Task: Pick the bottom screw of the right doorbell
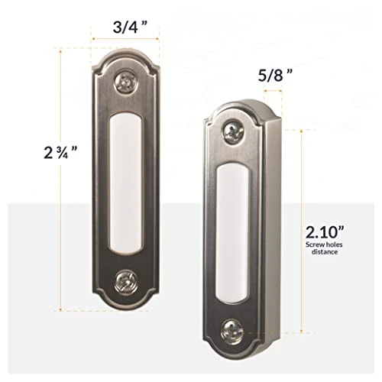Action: [232, 330]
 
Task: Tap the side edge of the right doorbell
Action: [268, 229]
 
